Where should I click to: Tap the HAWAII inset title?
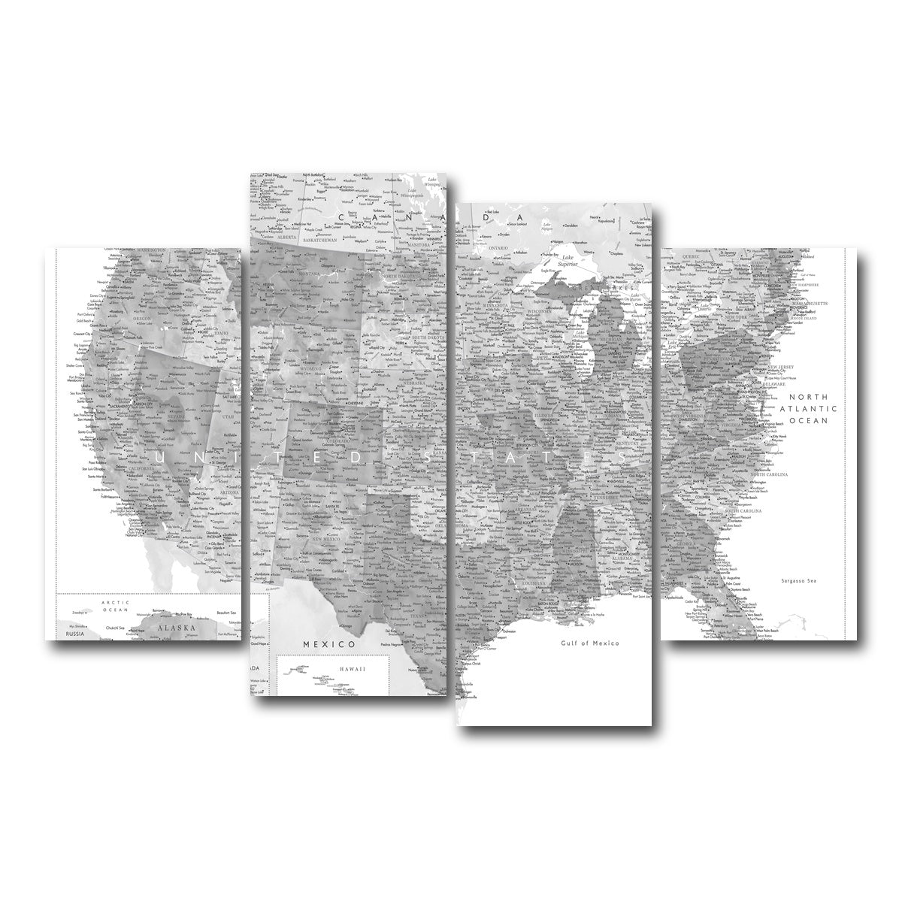tap(350, 667)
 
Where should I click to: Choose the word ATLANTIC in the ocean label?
tap(807, 408)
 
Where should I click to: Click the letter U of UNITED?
tap(158, 456)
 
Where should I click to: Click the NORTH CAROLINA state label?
tap(767, 474)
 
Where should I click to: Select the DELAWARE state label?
tap(774, 383)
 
